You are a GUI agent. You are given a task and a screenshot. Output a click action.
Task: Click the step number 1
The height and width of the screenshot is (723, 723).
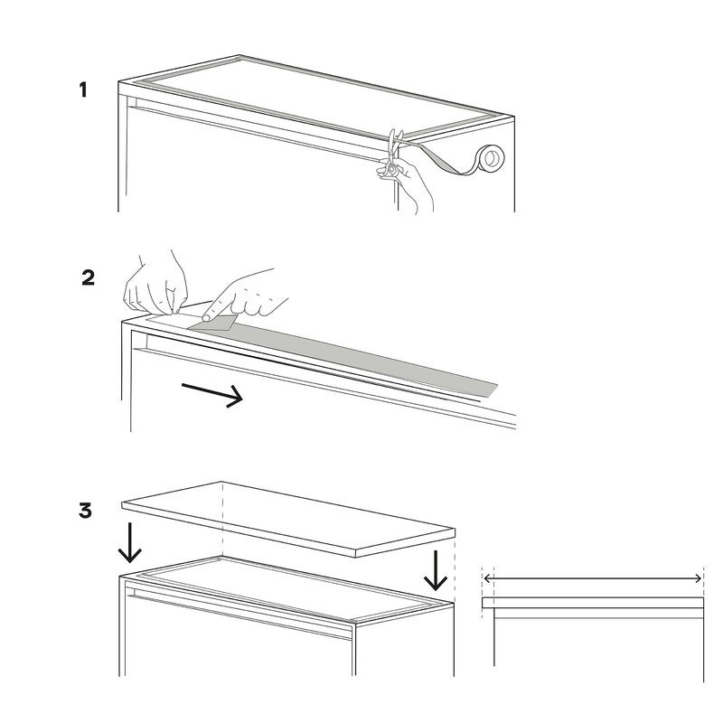click(83, 89)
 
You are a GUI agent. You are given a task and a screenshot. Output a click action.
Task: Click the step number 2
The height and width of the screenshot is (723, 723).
click(88, 277)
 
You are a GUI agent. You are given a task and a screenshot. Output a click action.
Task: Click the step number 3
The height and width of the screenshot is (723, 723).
click(85, 511)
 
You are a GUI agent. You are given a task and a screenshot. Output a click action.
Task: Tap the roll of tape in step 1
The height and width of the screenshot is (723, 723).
click(490, 158)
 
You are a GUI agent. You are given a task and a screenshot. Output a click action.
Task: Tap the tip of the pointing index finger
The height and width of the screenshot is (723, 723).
click(206, 317)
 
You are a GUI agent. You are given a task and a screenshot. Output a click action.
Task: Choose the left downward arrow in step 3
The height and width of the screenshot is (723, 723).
click(129, 543)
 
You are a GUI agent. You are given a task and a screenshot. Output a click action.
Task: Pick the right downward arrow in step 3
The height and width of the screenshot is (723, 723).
click(436, 570)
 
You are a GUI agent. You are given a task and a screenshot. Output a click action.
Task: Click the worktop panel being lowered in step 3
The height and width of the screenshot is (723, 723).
click(288, 519)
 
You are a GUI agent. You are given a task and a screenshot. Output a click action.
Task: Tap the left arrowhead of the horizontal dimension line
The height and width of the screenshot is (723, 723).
click(486, 578)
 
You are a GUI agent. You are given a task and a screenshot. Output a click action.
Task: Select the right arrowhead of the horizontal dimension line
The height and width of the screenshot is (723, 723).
click(698, 578)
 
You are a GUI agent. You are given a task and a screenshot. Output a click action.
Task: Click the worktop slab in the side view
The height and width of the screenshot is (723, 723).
click(593, 603)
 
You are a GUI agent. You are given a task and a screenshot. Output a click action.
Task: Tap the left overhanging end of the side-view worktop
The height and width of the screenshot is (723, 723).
click(488, 603)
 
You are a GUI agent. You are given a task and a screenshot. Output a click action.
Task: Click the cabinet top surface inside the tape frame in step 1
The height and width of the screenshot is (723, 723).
click(323, 98)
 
